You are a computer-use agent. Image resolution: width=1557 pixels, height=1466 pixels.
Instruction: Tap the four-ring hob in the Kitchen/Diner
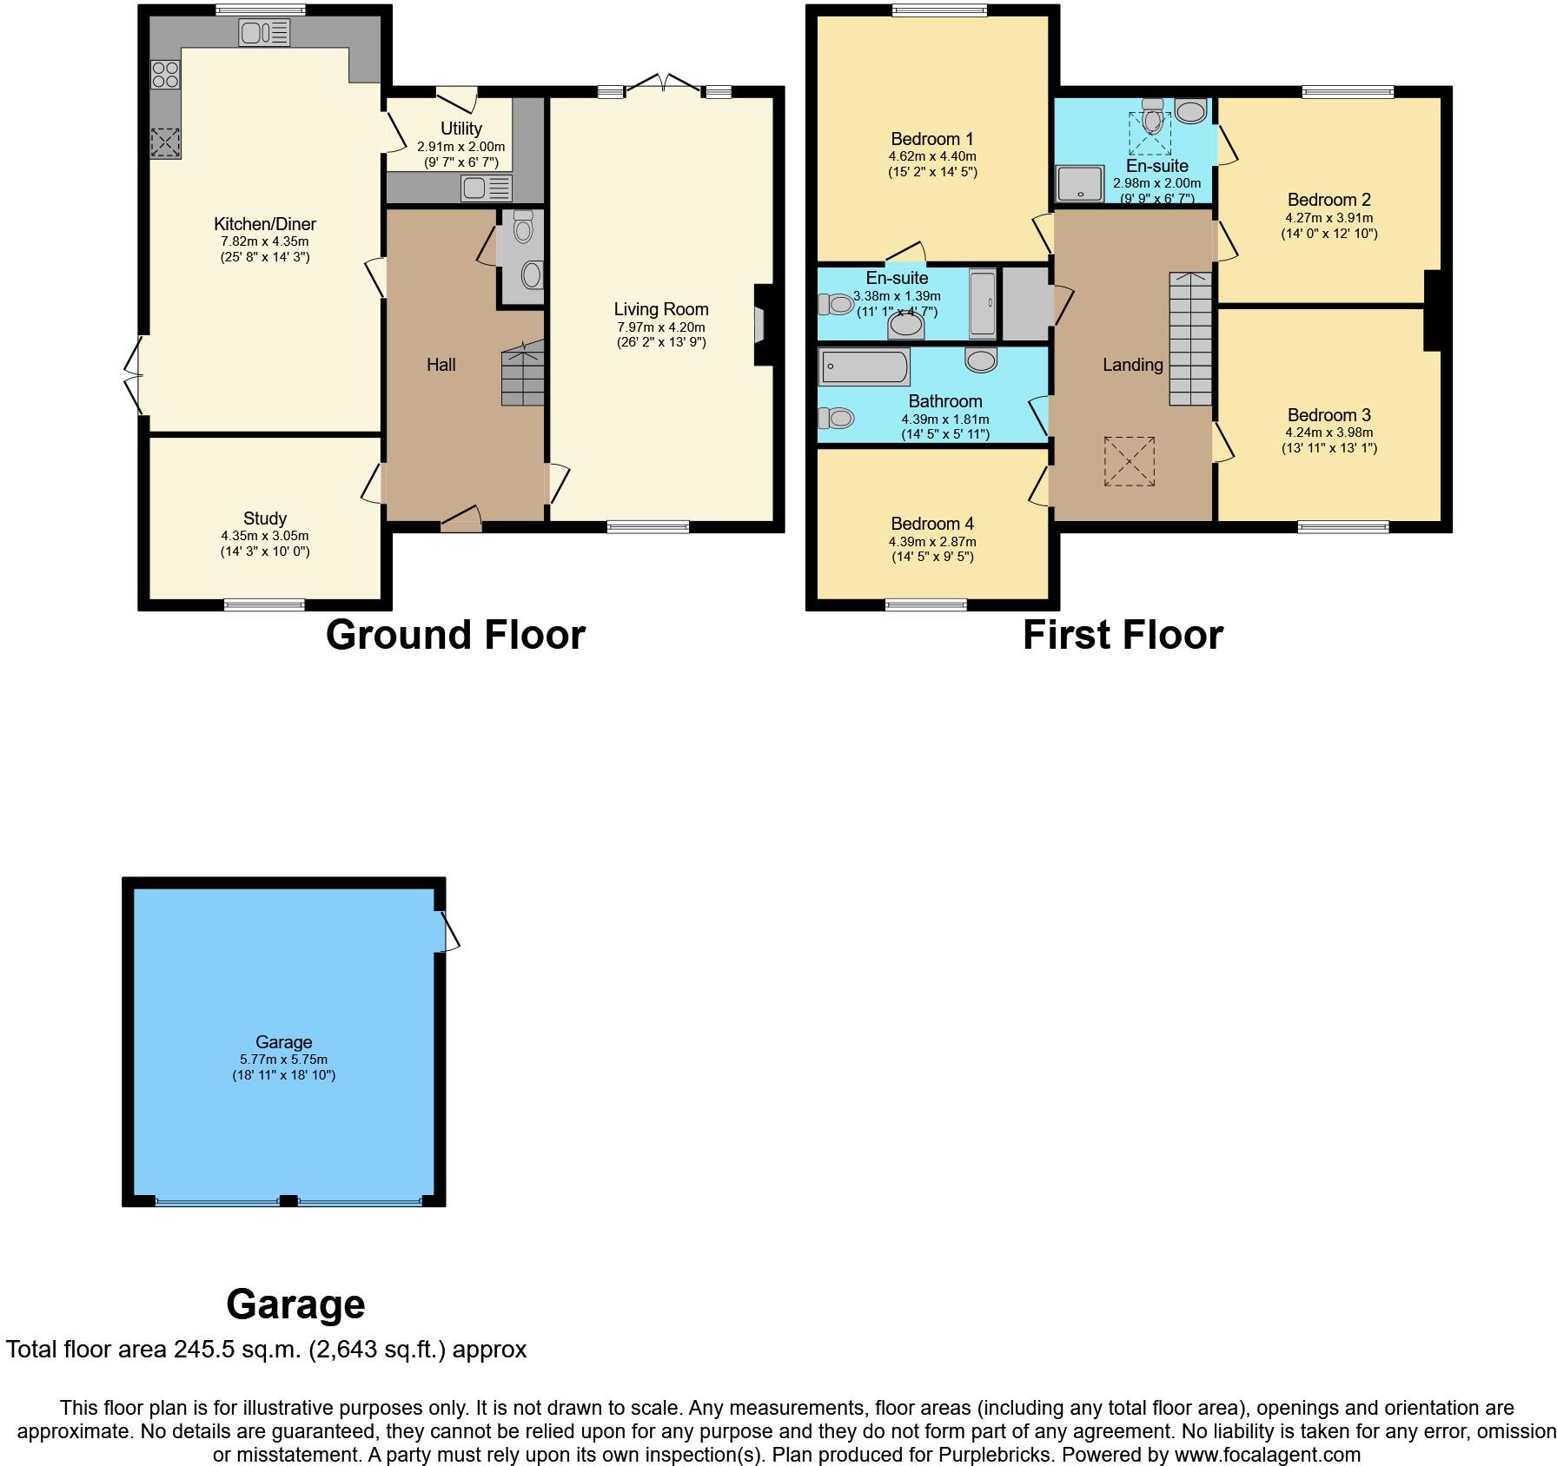[165, 74]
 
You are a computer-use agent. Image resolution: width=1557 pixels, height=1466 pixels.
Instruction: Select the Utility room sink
[487, 188]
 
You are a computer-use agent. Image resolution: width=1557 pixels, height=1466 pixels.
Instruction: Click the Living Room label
[661, 309]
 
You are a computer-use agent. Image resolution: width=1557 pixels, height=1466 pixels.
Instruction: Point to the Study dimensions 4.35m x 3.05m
[265, 536]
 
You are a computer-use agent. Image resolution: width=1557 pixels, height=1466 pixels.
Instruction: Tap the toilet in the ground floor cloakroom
[523, 228]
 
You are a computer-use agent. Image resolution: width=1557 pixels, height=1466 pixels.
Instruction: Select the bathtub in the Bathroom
[864, 366]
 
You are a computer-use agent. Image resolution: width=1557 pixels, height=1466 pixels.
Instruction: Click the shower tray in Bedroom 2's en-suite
[1076, 183]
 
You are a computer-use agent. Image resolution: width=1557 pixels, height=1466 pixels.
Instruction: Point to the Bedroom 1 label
[932, 139]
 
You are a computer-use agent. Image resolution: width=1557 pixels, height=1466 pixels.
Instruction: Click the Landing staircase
[1189, 339]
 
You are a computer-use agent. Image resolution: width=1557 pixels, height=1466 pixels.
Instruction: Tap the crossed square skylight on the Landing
[1130, 461]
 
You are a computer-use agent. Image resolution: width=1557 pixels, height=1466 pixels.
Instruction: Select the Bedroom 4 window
[926, 604]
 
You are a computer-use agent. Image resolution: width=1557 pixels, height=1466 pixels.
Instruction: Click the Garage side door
[449, 931]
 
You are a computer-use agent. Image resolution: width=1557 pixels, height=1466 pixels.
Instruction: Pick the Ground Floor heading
[455, 635]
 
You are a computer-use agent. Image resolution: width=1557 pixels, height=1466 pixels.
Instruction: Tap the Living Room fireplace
[760, 326]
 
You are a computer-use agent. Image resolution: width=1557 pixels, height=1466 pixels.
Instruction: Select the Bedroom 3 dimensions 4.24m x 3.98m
[1329, 433]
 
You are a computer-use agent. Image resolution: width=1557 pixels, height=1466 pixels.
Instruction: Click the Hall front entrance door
[461, 521]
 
